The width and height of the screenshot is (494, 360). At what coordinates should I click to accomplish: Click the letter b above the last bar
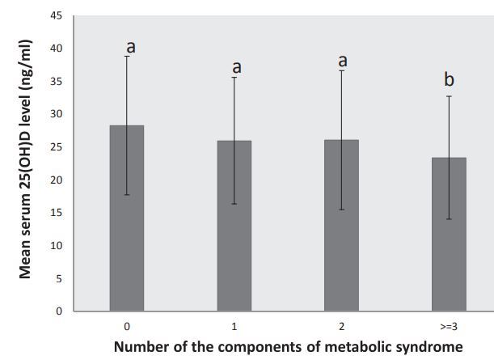[x=450, y=79]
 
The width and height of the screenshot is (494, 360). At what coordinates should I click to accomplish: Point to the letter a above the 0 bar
[x=131, y=47]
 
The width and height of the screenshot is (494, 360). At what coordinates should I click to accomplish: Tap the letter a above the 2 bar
[x=343, y=61]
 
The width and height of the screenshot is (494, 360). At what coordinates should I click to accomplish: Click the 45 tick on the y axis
[x=56, y=15]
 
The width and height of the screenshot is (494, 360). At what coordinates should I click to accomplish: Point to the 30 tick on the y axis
[x=56, y=114]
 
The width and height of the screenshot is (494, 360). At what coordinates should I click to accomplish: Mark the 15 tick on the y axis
[x=56, y=213]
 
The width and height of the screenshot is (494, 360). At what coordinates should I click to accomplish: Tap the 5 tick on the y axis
[x=58, y=278]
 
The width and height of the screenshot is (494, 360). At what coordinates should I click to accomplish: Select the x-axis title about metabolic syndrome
[x=289, y=347]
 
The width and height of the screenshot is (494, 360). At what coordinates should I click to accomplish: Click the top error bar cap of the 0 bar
[x=127, y=56]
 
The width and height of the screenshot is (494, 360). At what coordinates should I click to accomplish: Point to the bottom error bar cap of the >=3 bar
[x=449, y=219]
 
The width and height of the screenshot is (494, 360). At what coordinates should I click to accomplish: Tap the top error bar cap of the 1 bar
[x=234, y=77]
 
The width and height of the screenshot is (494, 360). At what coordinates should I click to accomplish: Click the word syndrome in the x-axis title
[x=429, y=347]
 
